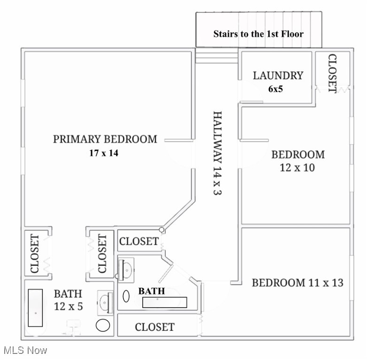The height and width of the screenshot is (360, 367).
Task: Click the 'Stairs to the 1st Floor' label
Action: tap(258, 34)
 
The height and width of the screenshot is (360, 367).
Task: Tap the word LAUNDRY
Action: tap(278, 75)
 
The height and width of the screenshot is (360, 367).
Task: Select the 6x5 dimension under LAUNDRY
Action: tap(275, 88)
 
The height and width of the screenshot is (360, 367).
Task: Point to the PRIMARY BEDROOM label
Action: tap(105, 139)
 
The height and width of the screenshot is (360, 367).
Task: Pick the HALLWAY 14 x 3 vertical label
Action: tap(216, 153)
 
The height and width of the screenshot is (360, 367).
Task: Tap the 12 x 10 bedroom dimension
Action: tap(297, 168)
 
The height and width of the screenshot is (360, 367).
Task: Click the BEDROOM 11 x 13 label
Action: tap(298, 283)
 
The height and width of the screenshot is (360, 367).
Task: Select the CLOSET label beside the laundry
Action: tap(332, 73)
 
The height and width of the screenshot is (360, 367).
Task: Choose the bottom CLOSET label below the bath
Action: tap(154, 327)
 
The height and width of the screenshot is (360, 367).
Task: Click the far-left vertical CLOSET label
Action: tap(35, 254)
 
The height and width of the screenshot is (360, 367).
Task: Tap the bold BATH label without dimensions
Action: tap(151, 292)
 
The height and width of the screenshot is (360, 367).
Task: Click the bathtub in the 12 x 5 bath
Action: tap(35, 307)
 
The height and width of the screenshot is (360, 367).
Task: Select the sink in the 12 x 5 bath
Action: tap(105, 303)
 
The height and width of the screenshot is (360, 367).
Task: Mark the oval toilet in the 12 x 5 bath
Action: tap(103, 325)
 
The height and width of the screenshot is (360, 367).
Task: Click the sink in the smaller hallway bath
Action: tap(125, 269)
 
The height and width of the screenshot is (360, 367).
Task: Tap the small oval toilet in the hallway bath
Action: tap(126, 296)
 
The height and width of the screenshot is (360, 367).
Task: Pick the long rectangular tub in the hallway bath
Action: tap(165, 302)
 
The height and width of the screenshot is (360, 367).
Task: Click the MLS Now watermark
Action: tap(25, 350)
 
